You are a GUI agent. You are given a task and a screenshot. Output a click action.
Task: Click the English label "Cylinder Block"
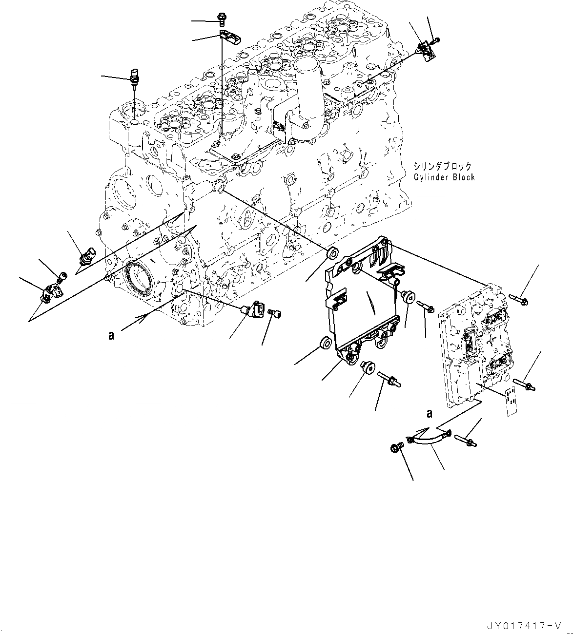click(444, 177)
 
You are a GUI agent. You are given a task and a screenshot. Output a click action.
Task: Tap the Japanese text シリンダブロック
click(443, 167)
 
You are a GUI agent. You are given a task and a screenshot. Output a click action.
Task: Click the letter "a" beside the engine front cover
click(111, 335)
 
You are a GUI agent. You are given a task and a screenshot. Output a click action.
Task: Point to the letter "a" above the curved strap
click(430, 414)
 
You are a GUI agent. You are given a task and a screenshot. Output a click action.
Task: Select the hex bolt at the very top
click(223, 19)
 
